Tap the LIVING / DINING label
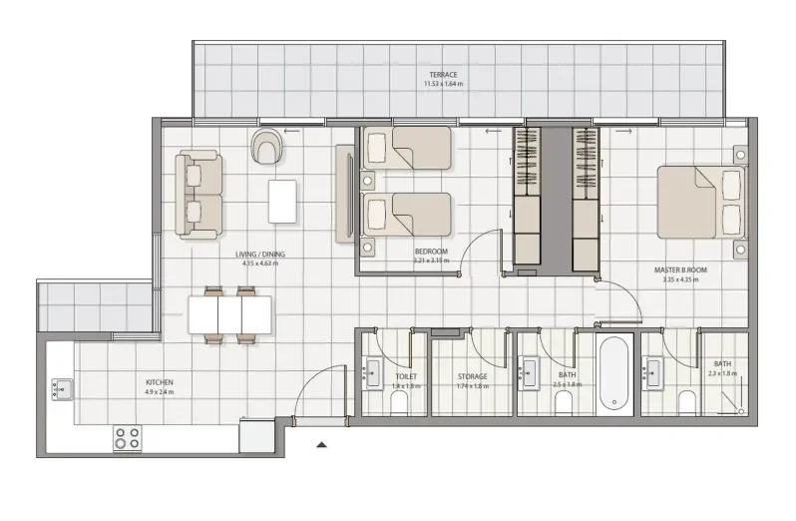(x=260, y=255)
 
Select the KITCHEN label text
(x=159, y=382)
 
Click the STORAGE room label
(x=472, y=376)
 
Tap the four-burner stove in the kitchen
(x=127, y=437)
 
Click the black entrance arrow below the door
(x=320, y=445)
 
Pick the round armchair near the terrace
(x=266, y=147)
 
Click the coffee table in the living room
(x=282, y=201)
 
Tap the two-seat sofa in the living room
(x=198, y=195)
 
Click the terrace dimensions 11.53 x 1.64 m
(x=444, y=83)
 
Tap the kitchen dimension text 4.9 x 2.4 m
(x=159, y=392)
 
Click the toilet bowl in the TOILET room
(x=400, y=402)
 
